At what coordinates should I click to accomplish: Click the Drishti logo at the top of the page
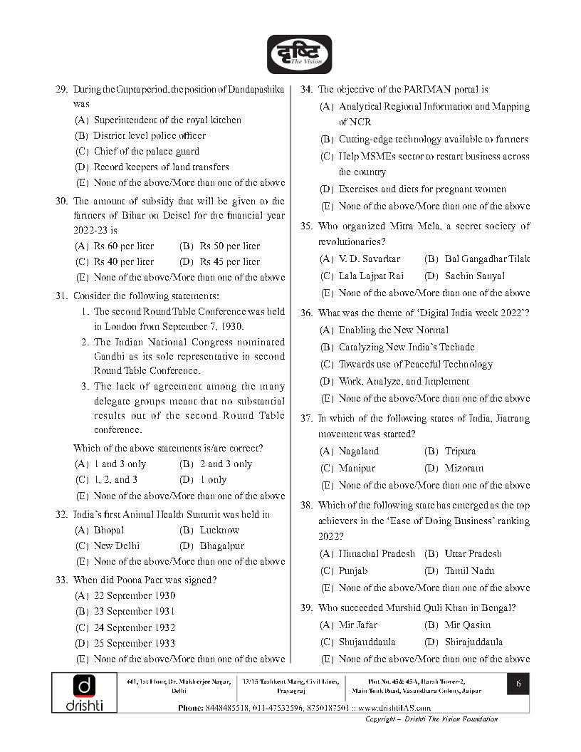(299, 54)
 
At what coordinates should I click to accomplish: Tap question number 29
(61, 89)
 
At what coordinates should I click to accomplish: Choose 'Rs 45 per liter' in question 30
(229, 261)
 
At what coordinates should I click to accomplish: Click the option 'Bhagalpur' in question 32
(221, 545)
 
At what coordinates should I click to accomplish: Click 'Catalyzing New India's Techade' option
(406, 347)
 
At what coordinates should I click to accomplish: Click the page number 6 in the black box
(518, 684)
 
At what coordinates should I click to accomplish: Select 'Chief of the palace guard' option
(146, 151)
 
